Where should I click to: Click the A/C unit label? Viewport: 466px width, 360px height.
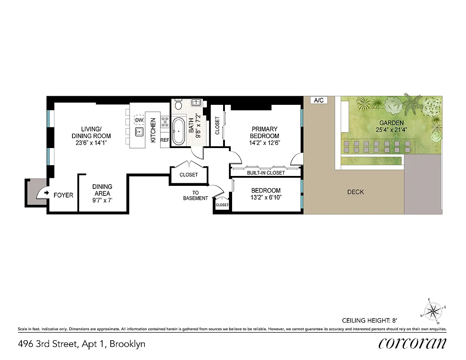[x=318, y=100]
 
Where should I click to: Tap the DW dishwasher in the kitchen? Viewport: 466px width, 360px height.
[x=139, y=121]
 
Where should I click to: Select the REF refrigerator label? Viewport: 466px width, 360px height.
[x=165, y=140]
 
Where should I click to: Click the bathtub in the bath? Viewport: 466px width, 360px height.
[x=179, y=131]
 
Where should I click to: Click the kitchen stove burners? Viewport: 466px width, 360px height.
[x=165, y=122]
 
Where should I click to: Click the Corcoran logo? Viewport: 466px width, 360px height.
[x=412, y=343]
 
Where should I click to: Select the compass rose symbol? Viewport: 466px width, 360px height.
[x=434, y=310]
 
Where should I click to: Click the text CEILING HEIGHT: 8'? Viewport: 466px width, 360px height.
[x=371, y=321]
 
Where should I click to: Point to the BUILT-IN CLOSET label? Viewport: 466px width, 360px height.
[x=265, y=173]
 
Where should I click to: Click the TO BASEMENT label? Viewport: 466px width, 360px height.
[x=196, y=195]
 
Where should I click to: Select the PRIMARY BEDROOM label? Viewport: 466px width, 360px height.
[x=265, y=132]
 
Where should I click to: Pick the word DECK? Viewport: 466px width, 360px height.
[x=355, y=192]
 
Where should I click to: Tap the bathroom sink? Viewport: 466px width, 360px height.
[x=197, y=103]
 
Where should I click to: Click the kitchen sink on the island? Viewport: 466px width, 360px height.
[x=139, y=132]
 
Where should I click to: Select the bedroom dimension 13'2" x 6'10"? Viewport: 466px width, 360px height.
[x=265, y=197]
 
